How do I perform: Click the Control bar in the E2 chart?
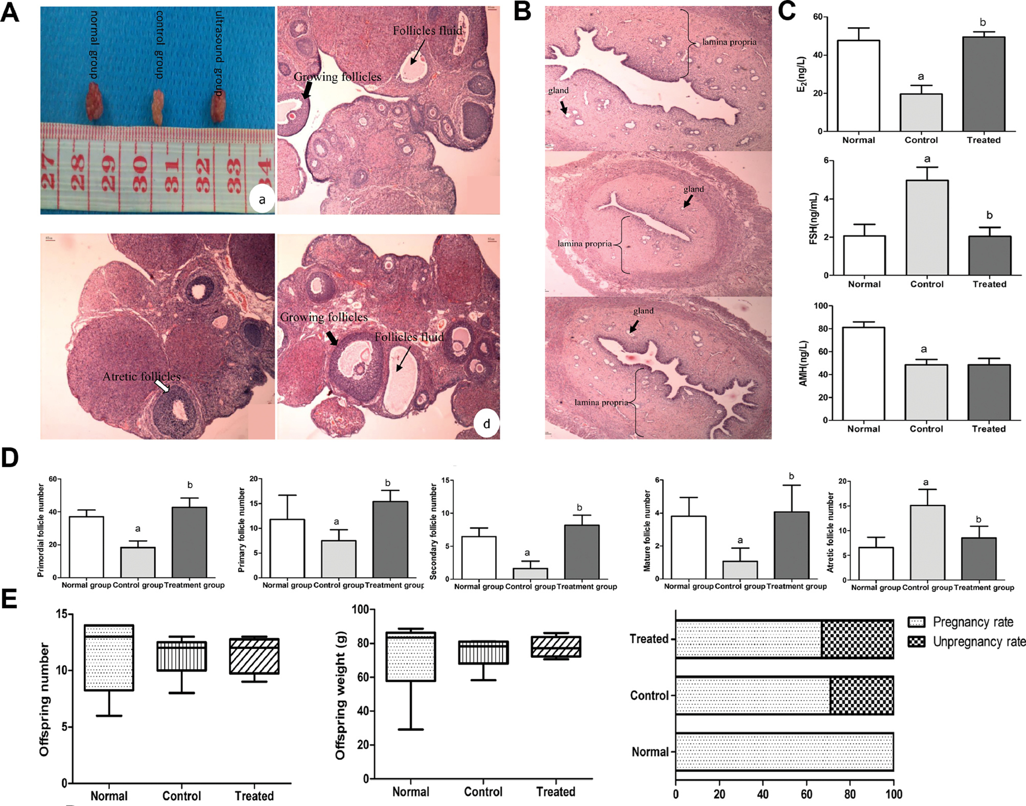point(921,112)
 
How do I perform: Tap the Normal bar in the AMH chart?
point(864,374)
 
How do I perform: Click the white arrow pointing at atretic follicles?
point(162,386)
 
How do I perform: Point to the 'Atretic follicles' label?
point(142,377)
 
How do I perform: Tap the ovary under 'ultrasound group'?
point(218,106)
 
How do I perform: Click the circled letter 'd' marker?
point(486,424)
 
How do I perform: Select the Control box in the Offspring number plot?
point(182,656)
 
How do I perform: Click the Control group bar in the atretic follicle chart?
point(927,542)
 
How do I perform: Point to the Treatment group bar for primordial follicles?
point(189,542)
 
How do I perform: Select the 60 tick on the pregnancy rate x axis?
point(806,794)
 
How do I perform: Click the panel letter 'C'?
point(787,11)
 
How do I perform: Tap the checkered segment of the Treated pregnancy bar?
point(857,639)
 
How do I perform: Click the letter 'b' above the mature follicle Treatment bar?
point(791,476)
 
